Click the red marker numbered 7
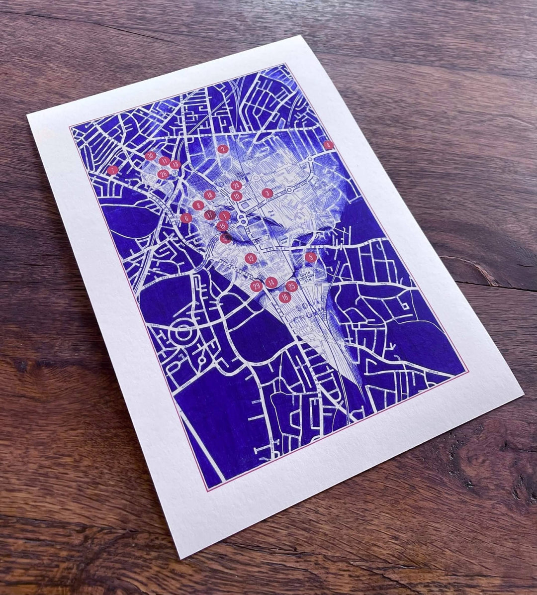point(113,170)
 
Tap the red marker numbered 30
point(151,156)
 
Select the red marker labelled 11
point(165,161)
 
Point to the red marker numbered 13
point(175,165)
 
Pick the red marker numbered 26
point(163,174)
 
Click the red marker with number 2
point(223,148)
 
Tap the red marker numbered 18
point(209,195)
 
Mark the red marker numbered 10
point(236,196)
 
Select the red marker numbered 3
point(267,193)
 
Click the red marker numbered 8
point(198,204)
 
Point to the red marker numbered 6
point(186,218)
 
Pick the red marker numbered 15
point(222,226)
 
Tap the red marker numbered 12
point(251,258)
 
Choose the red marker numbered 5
point(310,257)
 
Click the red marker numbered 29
point(257,286)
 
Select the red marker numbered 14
point(271,283)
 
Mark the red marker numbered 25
point(291,286)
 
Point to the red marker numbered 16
point(284,297)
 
